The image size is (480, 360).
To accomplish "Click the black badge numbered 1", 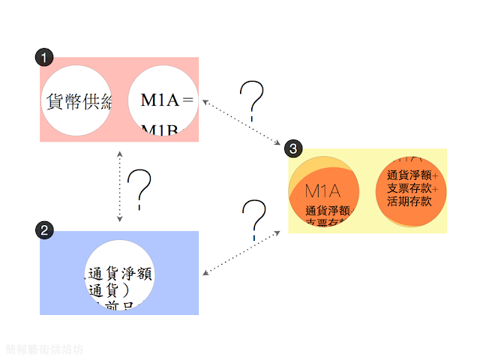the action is click(x=46, y=57).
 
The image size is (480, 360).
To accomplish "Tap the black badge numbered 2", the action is click(x=46, y=230).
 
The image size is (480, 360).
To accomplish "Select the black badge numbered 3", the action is click(x=294, y=148).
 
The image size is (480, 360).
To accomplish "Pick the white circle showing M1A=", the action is click(x=163, y=100).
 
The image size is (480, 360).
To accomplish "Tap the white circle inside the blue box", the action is click(x=120, y=273).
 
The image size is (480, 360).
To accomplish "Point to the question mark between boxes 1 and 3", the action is click(x=253, y=101).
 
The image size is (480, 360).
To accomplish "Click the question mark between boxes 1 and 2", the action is click(x=140, y=187).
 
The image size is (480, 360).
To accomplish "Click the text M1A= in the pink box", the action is click(x=167, y=100).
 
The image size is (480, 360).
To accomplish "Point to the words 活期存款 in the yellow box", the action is click(x=409, y=201).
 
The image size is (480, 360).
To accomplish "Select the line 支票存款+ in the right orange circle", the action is click(x=412, y=188).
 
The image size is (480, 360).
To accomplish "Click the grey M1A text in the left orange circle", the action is click(x=323, y=190).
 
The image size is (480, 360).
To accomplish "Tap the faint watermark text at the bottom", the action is click(x=44, y=349).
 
